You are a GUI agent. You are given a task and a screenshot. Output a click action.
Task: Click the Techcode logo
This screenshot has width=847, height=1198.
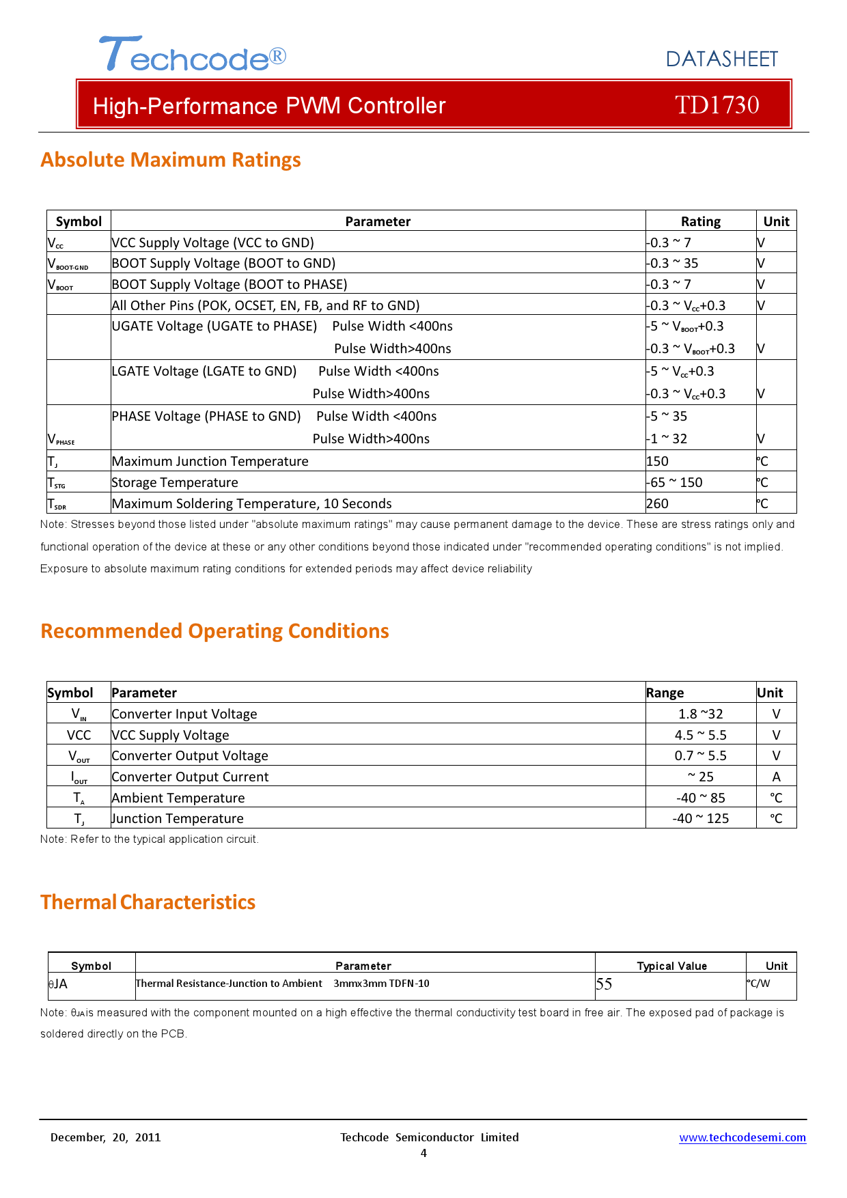click(x=192, y=55)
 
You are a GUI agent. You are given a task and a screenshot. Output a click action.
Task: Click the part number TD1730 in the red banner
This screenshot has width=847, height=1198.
click(x=717, y=105)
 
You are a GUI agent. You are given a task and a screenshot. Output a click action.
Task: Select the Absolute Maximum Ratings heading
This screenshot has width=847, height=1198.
click(x=171, y=160)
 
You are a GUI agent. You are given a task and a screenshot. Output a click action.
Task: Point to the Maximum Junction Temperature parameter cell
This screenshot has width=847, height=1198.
click(x=210, y=462)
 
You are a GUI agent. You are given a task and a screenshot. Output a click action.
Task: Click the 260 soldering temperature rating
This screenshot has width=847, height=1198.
click(x=658, y=504)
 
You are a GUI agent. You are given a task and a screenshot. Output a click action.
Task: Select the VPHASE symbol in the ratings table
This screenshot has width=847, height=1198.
click(x=61, y=439)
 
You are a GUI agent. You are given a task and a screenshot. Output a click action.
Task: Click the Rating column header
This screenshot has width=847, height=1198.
click(x=700, y=221)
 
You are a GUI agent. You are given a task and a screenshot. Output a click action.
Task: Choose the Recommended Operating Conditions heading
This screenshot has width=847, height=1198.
click(x=214, y=631)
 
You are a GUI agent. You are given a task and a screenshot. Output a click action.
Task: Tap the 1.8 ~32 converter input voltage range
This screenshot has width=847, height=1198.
click(x=700, y=714)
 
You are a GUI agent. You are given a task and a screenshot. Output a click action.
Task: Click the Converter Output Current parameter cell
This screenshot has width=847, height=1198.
click(x=190, y=777)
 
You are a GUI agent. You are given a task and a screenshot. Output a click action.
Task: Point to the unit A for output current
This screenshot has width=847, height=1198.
click(x=776, y=777)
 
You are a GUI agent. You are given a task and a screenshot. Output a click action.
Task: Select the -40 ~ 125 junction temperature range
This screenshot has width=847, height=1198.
click(x=700, y=819)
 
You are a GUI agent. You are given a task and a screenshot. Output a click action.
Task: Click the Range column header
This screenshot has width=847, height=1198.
click(x=665, y=693)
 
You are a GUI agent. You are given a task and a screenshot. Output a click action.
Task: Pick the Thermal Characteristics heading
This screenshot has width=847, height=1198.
click(x=148, y=902)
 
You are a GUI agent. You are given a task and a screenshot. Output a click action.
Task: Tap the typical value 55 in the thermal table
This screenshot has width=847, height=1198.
click(x=605, y=984)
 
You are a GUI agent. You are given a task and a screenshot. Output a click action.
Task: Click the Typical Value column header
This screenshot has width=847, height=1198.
click(x=671, y=966)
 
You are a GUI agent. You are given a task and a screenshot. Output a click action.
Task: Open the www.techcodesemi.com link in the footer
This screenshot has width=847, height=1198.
click(x=742, y=1138)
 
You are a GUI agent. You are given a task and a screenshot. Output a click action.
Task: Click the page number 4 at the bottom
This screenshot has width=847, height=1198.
click(x=423, y=1154)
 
